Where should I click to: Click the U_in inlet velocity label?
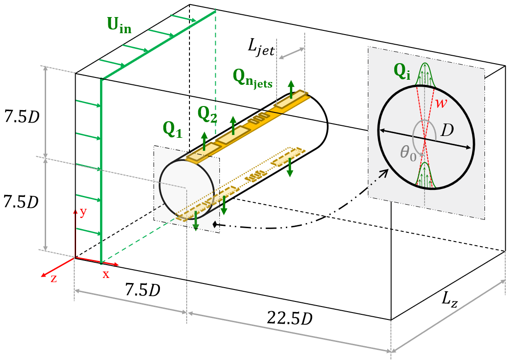click(x=119, y=27)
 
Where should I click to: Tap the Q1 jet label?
click(x=173, y=130)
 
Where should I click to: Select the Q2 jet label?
click(x=207, y=114)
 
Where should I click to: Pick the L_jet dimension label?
click(x=261, y=47)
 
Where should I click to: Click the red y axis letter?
click(x=83, y=212)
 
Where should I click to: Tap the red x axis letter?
click(x=106, y=274)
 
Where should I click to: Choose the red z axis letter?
click(x=53, y=278)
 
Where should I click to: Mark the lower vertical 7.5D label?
click(x=20, y=201)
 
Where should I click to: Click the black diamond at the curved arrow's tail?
click(x=214, y=224)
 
